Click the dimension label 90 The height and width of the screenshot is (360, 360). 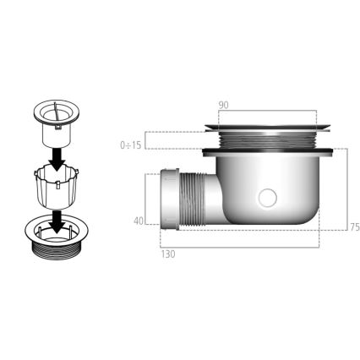tap(223, 105)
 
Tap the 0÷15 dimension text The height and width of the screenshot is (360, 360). tap(131, 145)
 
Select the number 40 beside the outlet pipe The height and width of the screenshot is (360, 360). tap(138, 221)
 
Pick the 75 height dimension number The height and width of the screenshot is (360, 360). tap(354, 226)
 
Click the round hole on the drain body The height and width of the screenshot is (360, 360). tap(268, 199)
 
